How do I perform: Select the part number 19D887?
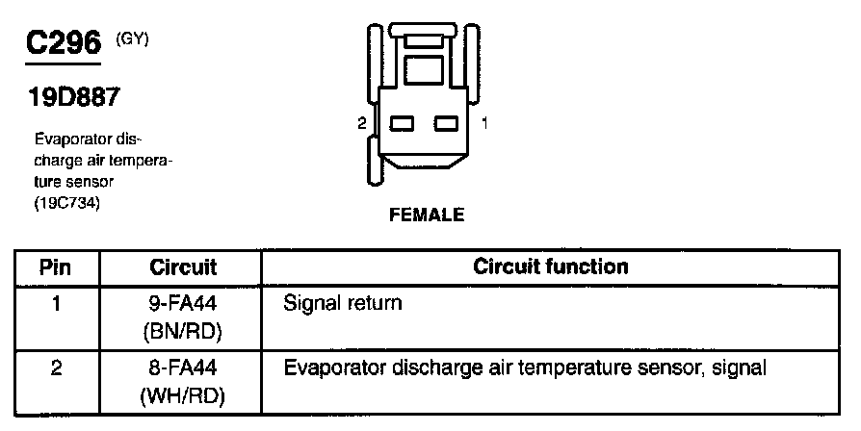pos(69,98)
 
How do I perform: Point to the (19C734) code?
pos(67,202)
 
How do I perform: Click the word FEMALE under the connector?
pos(426,215)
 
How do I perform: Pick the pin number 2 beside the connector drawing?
pos(360,123)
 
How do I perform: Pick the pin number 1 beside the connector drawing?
pos(485,123)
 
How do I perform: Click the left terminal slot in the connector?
pos(402,123)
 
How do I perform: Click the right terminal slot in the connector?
pos(445,123)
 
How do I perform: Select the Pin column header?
pos(55,266)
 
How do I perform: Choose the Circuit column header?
pos(183,266)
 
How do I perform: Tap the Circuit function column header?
pos(551,266)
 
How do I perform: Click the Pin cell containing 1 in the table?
pos(55,304)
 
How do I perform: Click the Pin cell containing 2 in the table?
pos(55,368)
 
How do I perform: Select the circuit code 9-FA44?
pos(183,304)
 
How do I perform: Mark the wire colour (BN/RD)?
pos(183,331)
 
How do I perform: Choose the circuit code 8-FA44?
pos(183,368)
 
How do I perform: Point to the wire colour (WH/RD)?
pos(183,394)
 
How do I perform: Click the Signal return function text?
pos(343,304)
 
